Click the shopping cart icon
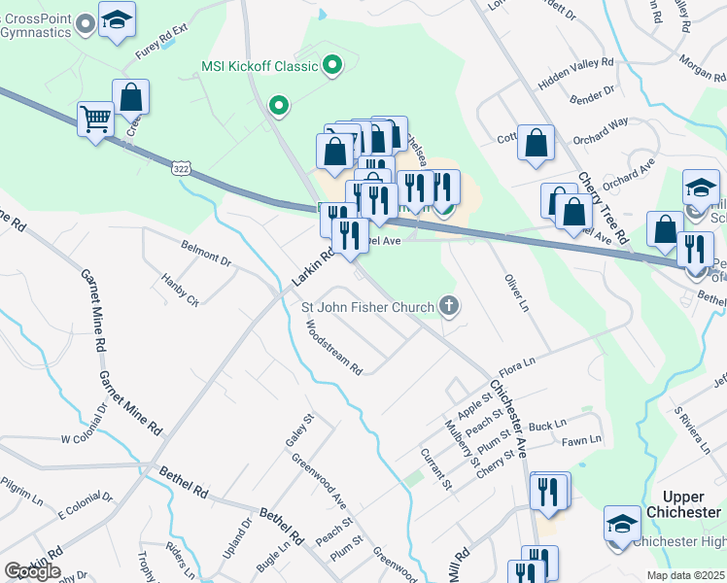pos(95,120)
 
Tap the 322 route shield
pos(181,168)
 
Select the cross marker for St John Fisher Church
pos(448,307)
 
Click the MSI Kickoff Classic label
pos(260,66)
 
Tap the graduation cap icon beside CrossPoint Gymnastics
pos(117,20)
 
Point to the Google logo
pos(32,571)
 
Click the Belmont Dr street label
pos(206,256)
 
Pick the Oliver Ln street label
pos(515,293)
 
